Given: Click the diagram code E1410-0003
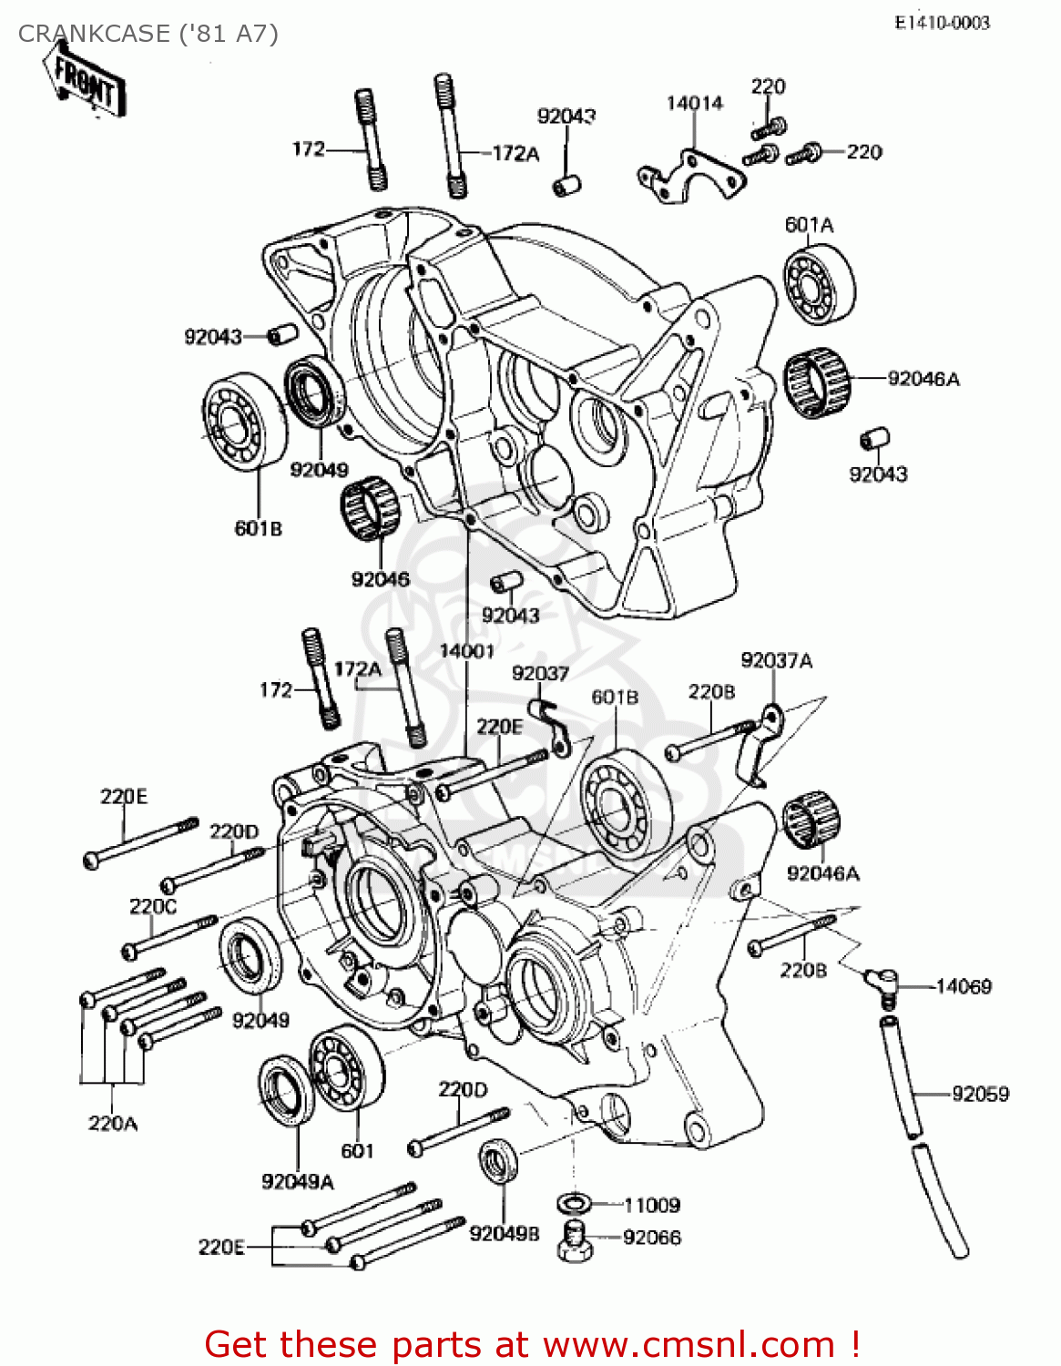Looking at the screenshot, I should (x=942, y=23).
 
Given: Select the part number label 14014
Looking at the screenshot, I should (x=694, y=103).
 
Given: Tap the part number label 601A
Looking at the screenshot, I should (x=809, y=224).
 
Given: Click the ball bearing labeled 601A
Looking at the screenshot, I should (x=819, y=286).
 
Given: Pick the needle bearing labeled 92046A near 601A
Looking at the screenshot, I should (x=817, y=382).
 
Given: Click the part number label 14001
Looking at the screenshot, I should (x=466, y=650).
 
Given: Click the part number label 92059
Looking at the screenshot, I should (x=980, y=1094).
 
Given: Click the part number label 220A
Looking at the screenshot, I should (x=113, y=1123).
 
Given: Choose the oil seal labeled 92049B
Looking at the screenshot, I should (x=499, y=1162).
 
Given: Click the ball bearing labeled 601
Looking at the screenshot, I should (x=346, y=1069).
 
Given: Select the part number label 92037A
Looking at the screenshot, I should (x=776, y=660).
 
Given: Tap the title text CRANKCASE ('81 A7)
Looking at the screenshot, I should (x=148, y=34).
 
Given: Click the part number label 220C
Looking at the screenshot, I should (x=153, y=906).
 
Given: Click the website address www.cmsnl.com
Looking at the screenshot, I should (x=689, y=1344).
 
